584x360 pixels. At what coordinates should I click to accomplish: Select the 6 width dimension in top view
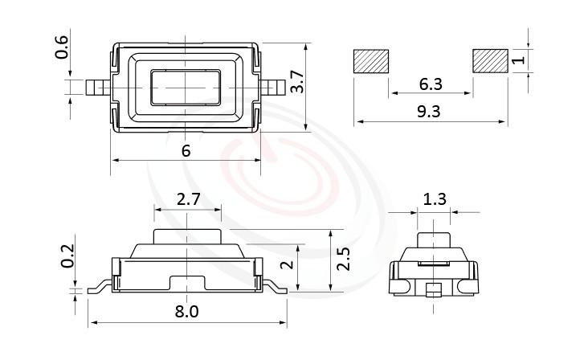pyautogui.click(x=186, y=150)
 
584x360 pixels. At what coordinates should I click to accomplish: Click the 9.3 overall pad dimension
pyautogui.click(x=429, y=112)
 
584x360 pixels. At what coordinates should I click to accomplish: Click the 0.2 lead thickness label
pyautogui.click(x=69, y=255)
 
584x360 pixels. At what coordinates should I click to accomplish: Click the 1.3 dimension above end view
pyautogui.click(x=435, y=199)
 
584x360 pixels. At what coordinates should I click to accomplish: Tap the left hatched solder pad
pyautogui.click(x=370, y=61)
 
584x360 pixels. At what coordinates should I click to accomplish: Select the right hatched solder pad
pyautogui.click(x=490, y=61)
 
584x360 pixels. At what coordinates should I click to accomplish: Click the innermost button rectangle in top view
pyautogui.click(x=186, y=86)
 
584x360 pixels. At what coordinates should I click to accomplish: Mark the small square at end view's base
pyautogui.click(x=434, y=288)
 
